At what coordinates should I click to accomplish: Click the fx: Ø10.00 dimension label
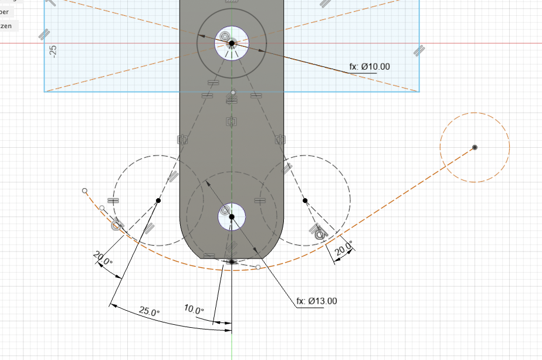click(370, 67)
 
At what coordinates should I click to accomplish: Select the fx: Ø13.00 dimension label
click(317, 301)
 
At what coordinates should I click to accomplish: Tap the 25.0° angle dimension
click(149, 312)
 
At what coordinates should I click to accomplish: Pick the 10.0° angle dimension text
click(194, 310)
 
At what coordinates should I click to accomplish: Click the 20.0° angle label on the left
click(102, 258)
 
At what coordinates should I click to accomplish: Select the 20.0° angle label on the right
click(344, 249)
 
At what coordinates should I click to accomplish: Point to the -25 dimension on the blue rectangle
click(53, 51)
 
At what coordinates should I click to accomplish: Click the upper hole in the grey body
click(232, 43)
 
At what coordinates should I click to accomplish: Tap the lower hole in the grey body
click(232, 217)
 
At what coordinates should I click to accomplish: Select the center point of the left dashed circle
click(158, 201)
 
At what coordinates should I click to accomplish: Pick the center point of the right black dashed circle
click(305, 201)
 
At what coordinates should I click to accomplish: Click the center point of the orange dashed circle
click(475, 147)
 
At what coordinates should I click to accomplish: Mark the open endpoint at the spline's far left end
click(84, 191)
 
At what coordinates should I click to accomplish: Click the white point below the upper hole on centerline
click(233, 93)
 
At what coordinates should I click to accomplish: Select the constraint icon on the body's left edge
click(182, 140)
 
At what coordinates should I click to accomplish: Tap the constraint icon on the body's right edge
click(280, 140)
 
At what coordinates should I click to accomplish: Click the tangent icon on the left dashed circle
click(117, 223)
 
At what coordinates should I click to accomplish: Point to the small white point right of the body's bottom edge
click(258, 267)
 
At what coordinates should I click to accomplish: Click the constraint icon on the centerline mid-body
click(231, 122)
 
